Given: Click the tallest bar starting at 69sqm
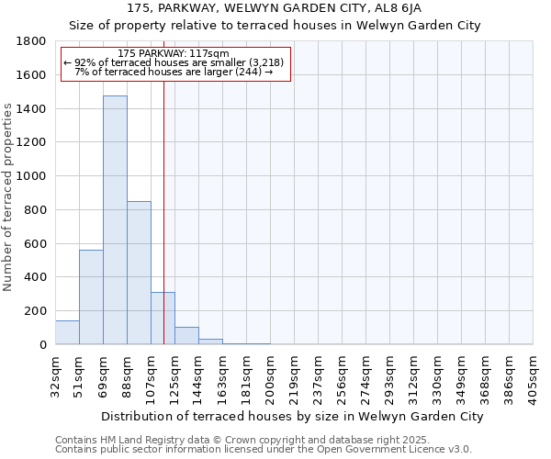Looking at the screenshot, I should click(115, 220).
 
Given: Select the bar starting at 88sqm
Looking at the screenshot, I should click(139, 273).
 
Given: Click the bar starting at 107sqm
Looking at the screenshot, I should click(163, 319).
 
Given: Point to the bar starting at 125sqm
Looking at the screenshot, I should click(186, 336).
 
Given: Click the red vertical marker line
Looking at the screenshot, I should click(163, 184).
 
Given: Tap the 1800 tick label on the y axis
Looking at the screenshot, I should click(32, 41).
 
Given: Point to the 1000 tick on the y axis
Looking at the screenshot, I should click(32, 176).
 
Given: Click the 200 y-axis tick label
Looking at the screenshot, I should click(36, 311).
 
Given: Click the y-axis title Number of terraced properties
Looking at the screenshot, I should click(8, 196).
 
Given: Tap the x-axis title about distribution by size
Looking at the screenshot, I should click(292, 417).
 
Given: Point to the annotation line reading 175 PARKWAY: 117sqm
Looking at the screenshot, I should click(174, 53).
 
